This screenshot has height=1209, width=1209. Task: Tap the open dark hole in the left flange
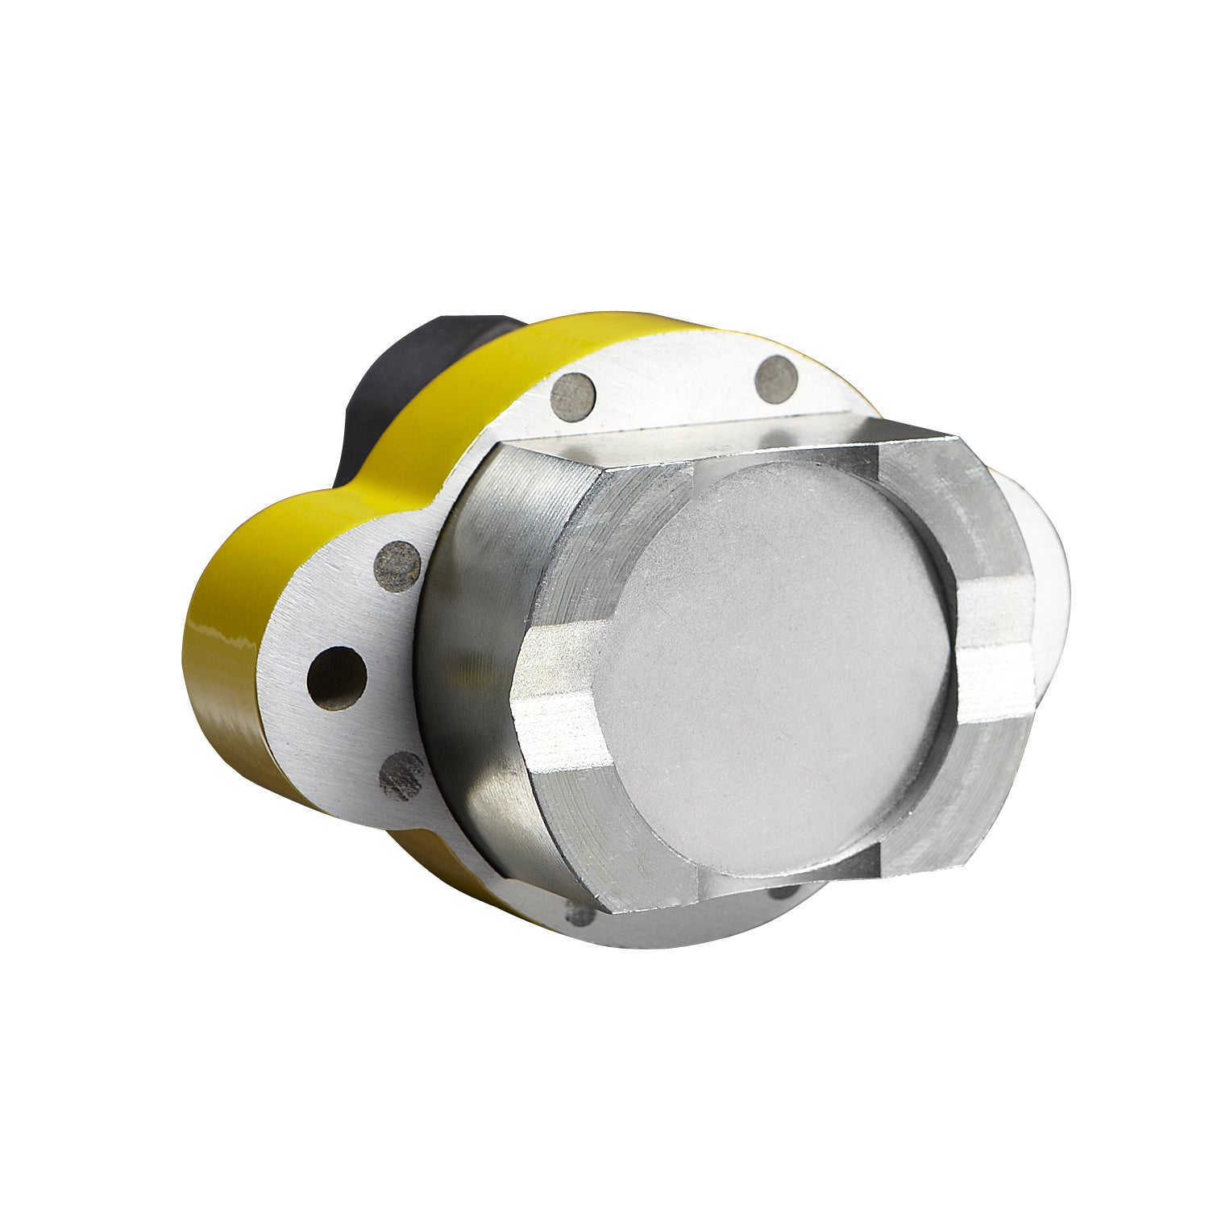pos(337,678)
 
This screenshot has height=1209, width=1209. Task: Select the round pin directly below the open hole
pos(402,775)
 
